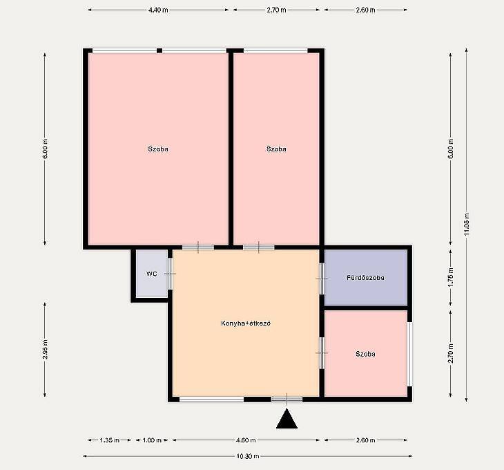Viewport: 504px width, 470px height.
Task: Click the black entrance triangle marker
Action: click(287, 419)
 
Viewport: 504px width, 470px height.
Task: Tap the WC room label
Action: click(152, 274)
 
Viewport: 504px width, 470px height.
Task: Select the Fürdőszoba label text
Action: click(365, 277)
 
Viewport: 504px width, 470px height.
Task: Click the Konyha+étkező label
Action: click(246, 323)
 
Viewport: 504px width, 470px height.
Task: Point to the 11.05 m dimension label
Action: click(467, 225)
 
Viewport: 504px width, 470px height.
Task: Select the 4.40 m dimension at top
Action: click(158, 10)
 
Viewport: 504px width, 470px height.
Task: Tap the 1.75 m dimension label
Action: click(451, 277)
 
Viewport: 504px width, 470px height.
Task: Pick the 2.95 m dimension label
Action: click(46, 349)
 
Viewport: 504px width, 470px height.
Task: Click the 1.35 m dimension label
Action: click(110, 440)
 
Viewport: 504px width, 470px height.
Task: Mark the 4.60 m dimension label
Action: click(246, 440)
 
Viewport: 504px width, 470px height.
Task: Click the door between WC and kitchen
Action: click(170, 274)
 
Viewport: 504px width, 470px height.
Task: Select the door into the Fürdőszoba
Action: click(322, 279)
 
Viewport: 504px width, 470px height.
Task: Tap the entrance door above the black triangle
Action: click(287, 399)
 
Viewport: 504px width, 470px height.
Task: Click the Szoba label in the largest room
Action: click(158, 149)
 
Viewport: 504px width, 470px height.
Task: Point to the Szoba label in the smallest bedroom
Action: click(365, 354)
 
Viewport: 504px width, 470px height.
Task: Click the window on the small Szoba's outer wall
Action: click(410, 354)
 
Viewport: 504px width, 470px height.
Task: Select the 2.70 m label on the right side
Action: click(451, 353)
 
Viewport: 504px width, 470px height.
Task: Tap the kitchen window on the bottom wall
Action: click(211, 399)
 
